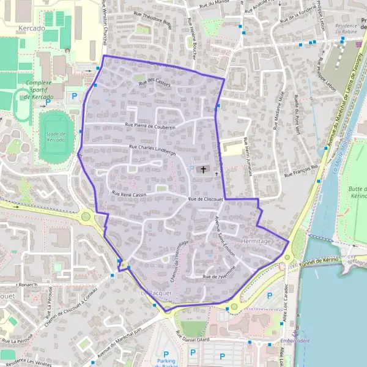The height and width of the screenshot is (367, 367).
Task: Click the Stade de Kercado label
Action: (x=56, y=136)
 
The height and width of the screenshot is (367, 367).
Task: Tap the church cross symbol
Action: (x=203, y=169)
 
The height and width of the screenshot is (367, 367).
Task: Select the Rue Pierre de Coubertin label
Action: (x=150, y=127)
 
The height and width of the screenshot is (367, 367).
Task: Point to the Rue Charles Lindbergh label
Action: (x=152, y=149)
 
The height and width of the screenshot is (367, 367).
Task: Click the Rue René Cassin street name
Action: (x=130, y=193)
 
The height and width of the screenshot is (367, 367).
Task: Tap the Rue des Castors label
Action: (x=155, y=84)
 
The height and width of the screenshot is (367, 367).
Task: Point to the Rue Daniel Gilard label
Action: (x=193, y=338)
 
